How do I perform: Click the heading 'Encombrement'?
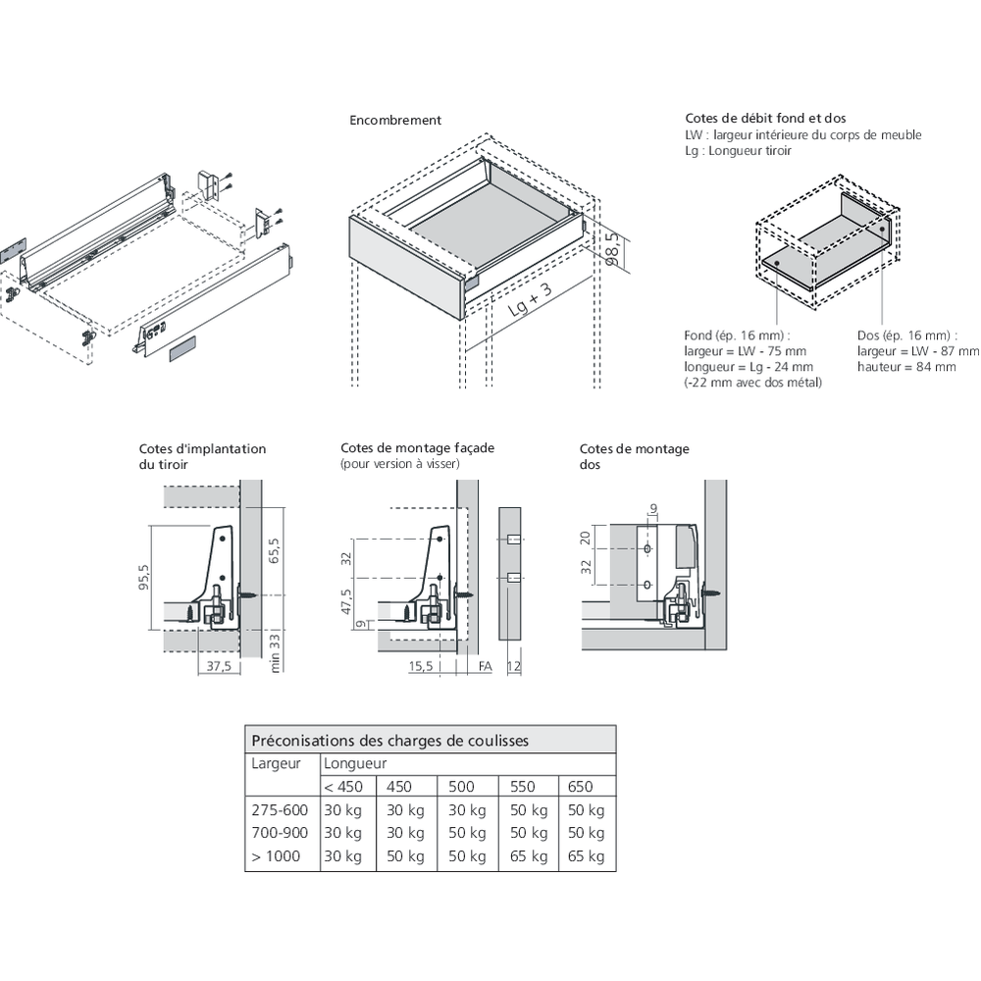pos(395,121)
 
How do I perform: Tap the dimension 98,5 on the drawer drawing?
pos(613,250)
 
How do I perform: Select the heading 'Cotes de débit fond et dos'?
pos(766,119)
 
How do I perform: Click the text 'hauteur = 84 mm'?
pos(905,367)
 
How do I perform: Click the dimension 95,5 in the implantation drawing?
pos(144,580)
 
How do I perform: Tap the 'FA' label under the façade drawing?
pos(485,666)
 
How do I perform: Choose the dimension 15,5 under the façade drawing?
pos(421,666)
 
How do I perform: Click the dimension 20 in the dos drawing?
pos(587,537)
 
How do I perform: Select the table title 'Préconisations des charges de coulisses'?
pos(390,741)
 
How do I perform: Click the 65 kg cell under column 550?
pos(528,856)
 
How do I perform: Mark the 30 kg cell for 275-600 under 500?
pos(467,810)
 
